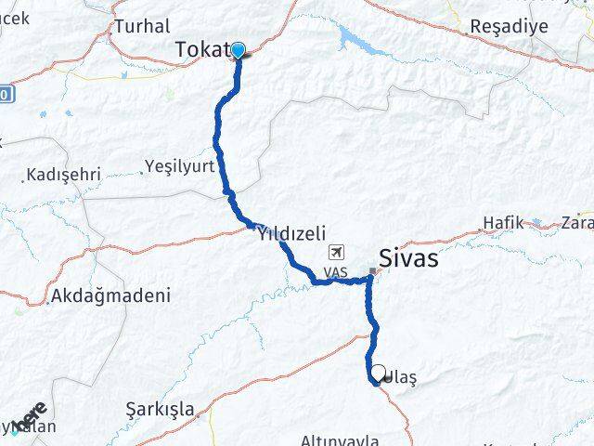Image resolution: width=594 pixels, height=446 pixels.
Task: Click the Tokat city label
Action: tap(202, 51)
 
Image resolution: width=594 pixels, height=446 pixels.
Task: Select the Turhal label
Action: tap(141, 26)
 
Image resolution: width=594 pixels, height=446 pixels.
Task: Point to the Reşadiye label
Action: tap(510, 26)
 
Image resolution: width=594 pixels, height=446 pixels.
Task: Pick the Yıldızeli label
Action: tap(291, 235)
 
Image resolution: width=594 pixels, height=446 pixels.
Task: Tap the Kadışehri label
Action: tap(64, 174)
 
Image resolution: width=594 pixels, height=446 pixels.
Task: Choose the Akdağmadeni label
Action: tap(112, 296)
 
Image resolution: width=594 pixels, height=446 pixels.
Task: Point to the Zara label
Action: tap(576, 223)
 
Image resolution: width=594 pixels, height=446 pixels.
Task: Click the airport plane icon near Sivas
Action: tap(335, 253)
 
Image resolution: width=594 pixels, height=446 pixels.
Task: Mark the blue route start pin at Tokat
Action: tap(239, 50)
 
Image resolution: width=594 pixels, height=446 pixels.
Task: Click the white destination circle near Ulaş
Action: tap(378, 374)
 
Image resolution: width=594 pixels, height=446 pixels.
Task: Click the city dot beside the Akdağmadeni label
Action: tap(48, 302)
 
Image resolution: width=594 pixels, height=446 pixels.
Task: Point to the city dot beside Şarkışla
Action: tap(198, 414)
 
